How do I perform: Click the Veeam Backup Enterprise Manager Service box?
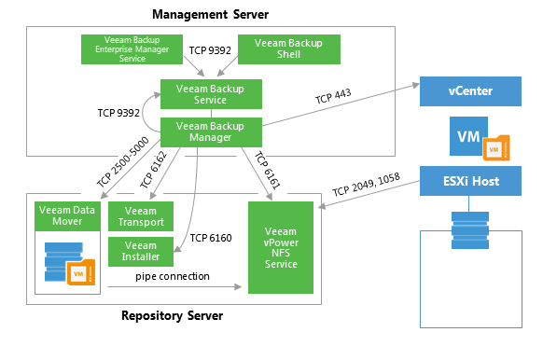(132, 49)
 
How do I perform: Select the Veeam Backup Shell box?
(289, 49)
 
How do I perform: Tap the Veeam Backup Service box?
(211, 94)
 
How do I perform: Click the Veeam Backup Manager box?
(211, 132)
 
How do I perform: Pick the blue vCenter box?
(470, 91)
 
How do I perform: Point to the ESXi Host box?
(470, 181)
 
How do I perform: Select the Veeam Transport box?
(141, 216)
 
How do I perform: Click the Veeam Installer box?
(141, 252)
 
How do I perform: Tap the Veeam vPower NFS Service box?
(281, 247)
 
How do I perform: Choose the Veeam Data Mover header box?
(67, 216)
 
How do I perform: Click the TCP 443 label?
(333, 96)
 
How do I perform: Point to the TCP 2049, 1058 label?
(367, 185)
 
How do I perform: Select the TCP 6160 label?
(211, 238)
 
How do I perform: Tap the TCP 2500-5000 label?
(122, 162)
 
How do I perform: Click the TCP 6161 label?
(268, 171)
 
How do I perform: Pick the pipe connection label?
(173, 276)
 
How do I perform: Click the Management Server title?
(211, 15)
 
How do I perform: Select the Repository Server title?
(172, 315)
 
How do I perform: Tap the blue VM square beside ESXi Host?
(468, 136)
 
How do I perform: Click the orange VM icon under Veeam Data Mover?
(81, 272)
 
